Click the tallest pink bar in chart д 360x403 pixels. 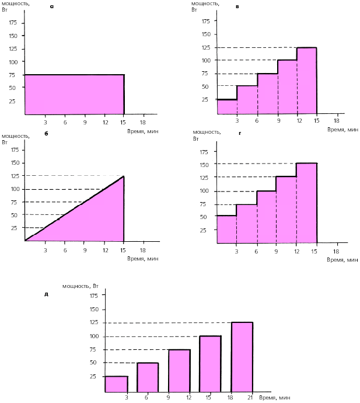point(242,357)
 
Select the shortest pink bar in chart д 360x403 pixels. point(116,384)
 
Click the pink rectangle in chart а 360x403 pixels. point(74,94)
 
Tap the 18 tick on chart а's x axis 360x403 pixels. point(143,122)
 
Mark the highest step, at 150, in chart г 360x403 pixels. point(306,201)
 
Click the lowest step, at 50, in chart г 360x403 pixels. point(226,228)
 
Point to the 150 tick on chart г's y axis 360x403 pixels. point(204,165)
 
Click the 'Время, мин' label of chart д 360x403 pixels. point(274,397)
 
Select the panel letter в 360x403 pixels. point(236,7)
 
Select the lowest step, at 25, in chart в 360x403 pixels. point(226,106)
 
